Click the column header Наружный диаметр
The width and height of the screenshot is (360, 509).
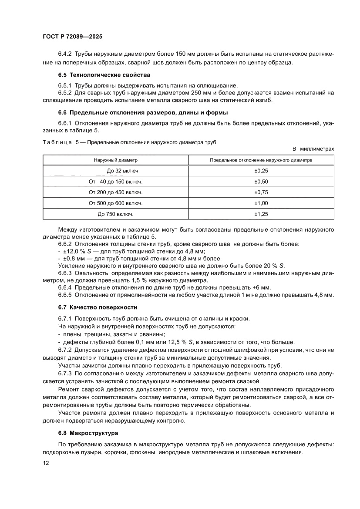(115, 160)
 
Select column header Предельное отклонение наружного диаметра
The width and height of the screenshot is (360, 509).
(261, 160)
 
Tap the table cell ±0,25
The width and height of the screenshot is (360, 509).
(261, 171)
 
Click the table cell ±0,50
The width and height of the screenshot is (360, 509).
(261, 182)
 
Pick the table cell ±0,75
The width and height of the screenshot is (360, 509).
(261, 192)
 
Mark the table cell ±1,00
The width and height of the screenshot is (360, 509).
(261, 203)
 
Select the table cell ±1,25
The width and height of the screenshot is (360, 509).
(261, 214)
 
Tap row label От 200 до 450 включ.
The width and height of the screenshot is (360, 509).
(115, 192)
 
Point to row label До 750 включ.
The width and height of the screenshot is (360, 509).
(115, 214)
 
